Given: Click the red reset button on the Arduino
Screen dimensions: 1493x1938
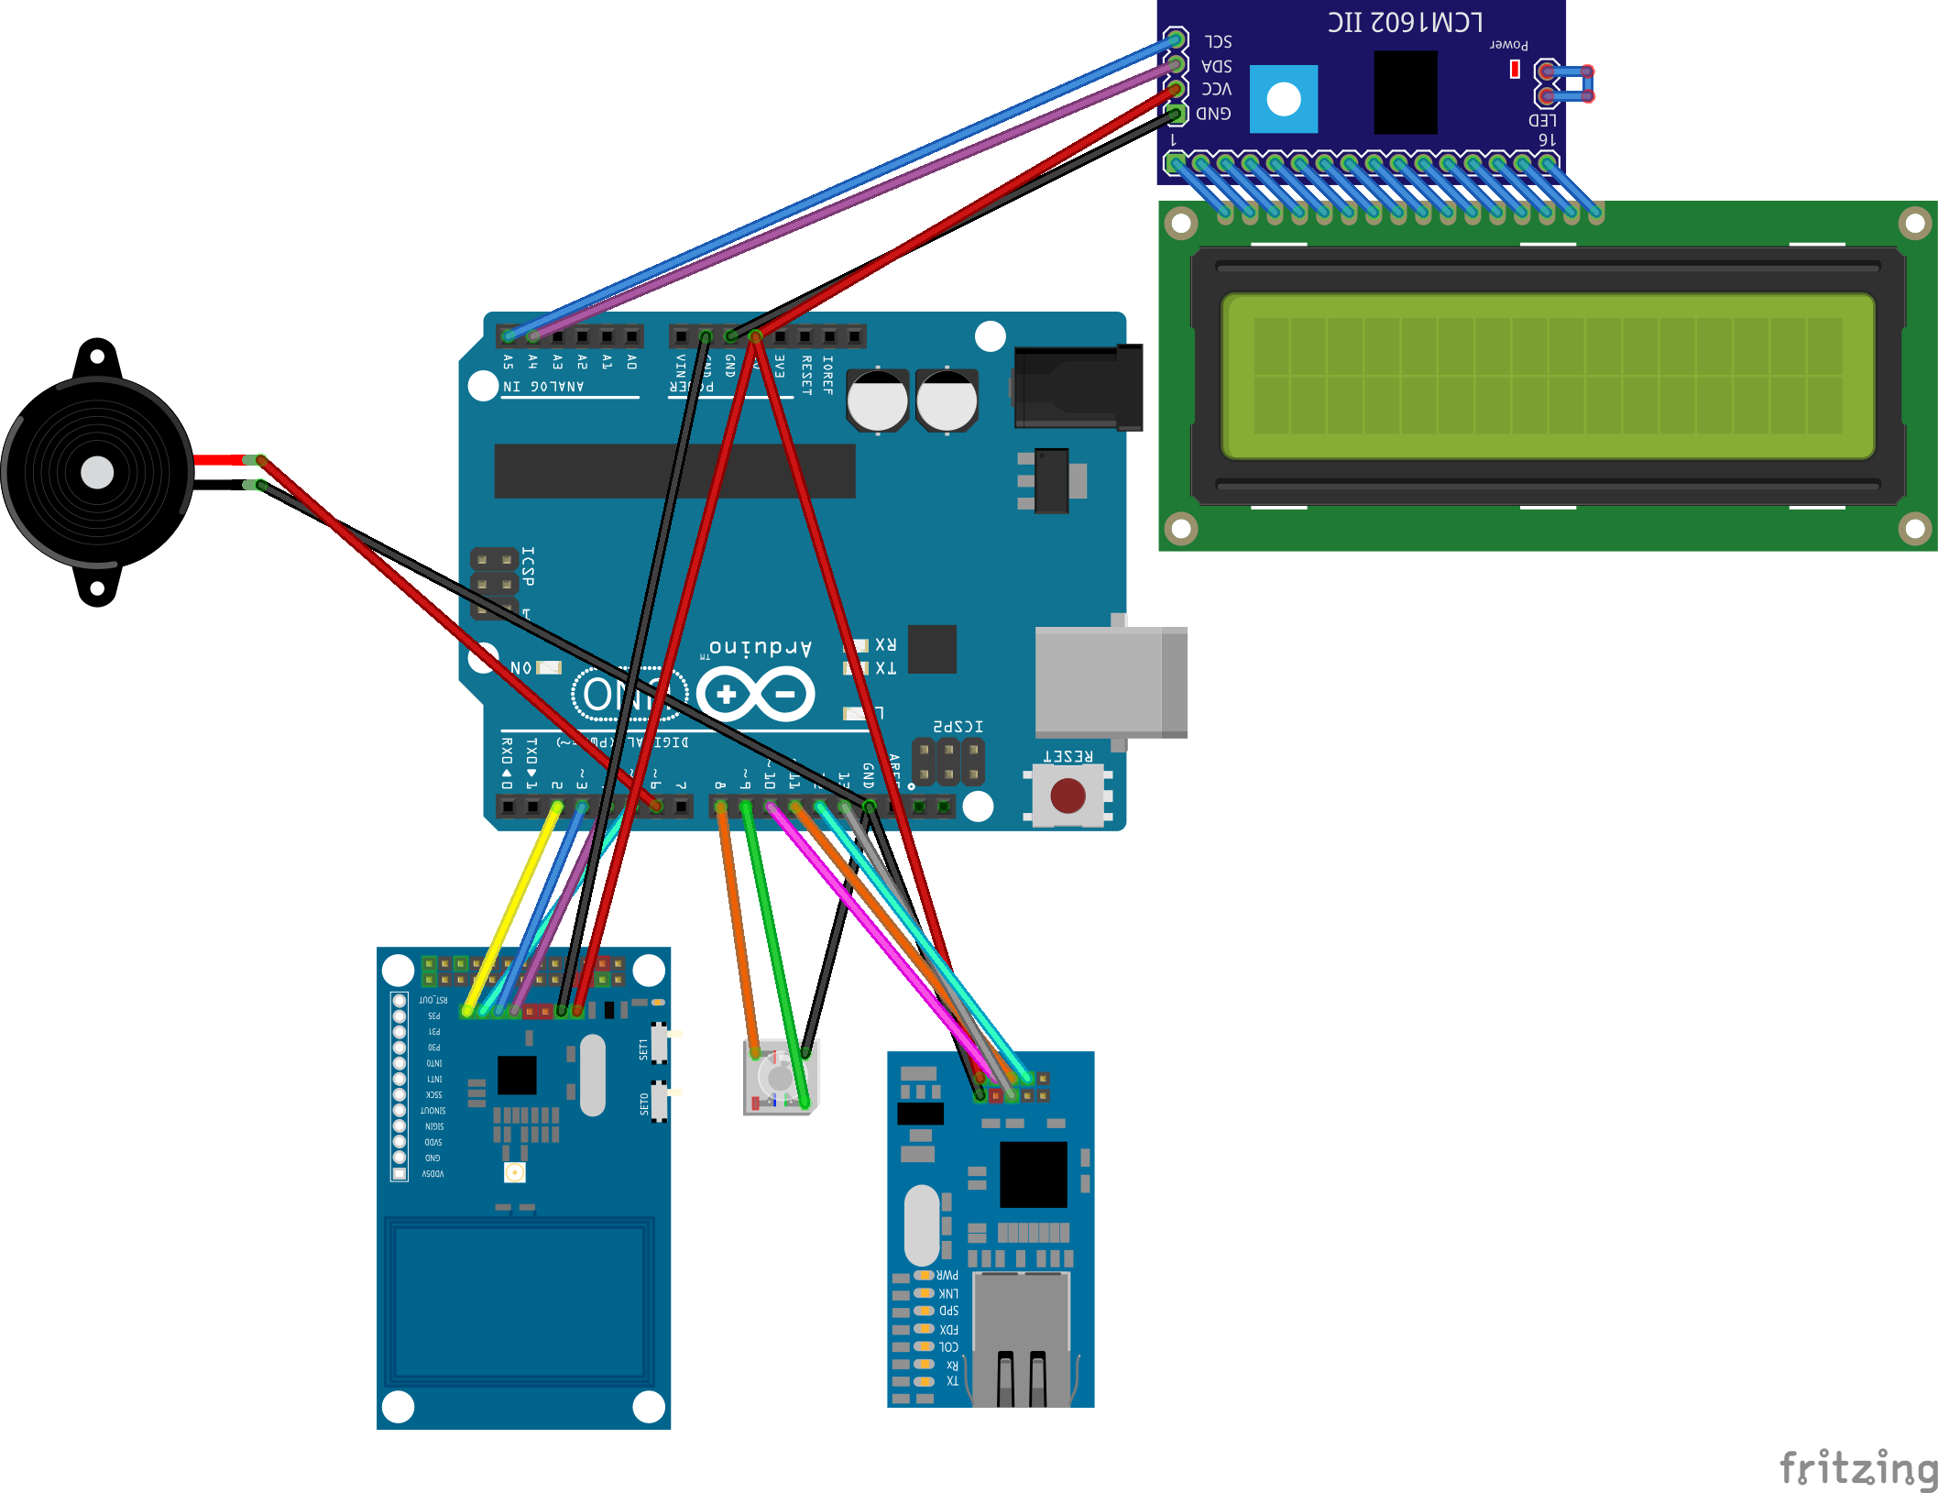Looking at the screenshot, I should (x=1068, y=796).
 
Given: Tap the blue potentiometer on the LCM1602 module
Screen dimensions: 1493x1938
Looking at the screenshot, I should (x=1283, y=99).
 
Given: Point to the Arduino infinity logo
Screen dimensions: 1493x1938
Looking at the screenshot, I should (x=755, y=694).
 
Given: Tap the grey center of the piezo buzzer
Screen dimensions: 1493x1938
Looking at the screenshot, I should (x=97, y=473).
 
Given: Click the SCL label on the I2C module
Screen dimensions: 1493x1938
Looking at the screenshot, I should (x=1218, y=42).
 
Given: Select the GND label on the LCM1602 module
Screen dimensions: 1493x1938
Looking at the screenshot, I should (x=1214, y=114).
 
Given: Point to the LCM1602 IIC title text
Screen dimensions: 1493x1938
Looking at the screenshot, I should (x=1405, y=22).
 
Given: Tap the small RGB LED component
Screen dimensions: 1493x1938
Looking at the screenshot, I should (x=779, y=1078).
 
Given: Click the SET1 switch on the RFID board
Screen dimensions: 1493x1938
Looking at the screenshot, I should (x=658, y=1045).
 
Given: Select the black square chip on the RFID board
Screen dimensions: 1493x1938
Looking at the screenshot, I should (x=517, y=1075).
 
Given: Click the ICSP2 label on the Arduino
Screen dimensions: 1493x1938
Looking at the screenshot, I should (x=958, y=727).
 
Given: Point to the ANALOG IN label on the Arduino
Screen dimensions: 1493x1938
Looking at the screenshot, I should (x=543, y=387).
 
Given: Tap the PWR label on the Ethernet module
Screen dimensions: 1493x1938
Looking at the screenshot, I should (x=947, y=1275).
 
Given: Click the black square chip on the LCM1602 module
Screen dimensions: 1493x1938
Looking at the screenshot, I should (x=1406, y=93).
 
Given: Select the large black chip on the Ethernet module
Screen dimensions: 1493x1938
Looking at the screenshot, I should (x=1034, y=1174).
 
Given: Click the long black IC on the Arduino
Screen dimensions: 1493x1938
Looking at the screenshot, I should (x=674, y=471).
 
